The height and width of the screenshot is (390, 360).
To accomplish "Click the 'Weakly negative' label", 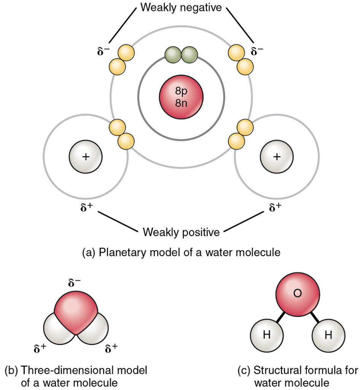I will (181, 7).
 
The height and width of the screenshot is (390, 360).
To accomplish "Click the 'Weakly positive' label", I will (181, 232).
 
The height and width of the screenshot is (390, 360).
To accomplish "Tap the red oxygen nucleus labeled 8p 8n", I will (181, 97).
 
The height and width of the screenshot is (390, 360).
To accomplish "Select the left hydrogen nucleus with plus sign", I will (85, 157).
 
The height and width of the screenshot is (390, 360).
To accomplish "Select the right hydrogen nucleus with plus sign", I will (276, 157).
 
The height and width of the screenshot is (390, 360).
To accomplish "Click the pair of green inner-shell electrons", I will (181, 56).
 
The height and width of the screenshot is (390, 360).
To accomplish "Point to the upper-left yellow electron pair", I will (121, 59).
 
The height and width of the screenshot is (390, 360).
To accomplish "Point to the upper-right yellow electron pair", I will (240, 59).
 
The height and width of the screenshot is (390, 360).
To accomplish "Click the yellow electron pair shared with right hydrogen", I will (240, 134).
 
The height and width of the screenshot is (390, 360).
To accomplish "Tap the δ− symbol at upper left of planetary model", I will (103, 51).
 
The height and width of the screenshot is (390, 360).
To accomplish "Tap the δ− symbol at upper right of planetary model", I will (257, 51).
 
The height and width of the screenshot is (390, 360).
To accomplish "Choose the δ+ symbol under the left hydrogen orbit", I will (86, 208).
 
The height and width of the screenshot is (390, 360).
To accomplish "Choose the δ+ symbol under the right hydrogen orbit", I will (276, 208).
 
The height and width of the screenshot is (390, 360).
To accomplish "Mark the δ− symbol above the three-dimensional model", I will (74, 283).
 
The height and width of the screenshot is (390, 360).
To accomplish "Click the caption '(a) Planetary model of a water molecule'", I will (181, 253).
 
